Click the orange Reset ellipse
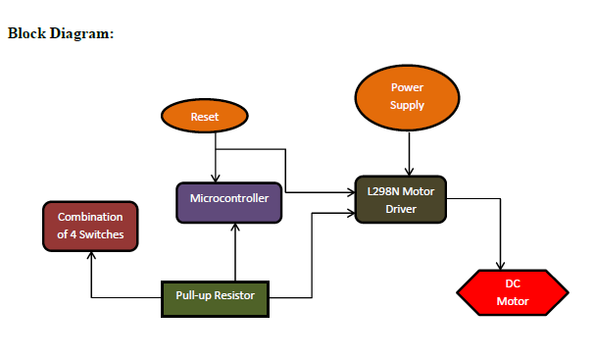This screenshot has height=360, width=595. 204,116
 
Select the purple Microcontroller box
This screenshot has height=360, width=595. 229,200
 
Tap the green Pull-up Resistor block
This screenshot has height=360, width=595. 215,296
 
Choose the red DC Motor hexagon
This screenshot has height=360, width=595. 512,291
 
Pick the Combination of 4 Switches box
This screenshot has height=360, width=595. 90,225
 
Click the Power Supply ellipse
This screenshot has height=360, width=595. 407,96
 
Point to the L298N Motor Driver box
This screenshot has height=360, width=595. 401,200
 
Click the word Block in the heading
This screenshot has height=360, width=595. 26,34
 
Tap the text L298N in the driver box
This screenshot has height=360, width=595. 383,192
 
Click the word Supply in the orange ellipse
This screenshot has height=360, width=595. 407,105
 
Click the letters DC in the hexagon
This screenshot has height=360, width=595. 512,283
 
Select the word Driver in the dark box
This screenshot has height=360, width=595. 401,209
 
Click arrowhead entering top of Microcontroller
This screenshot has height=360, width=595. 215,178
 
